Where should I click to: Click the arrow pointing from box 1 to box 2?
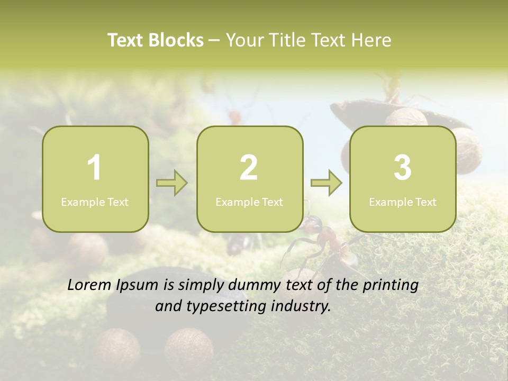point(172,183)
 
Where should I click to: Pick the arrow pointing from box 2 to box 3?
point(326,183)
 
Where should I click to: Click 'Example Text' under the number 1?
point(95,202)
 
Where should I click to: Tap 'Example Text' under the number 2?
point(249,202)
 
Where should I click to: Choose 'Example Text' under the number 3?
point(403,202)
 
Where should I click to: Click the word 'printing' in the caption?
point(390,286)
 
